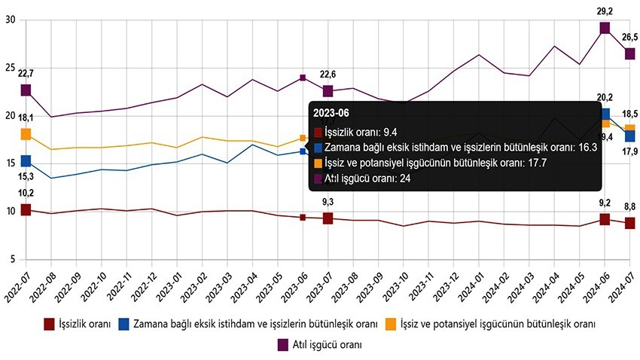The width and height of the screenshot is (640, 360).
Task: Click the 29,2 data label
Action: coord(605,12)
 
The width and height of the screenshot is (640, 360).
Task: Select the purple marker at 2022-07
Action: coord(26,90)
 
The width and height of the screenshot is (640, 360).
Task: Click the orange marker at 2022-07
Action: coord(26,134)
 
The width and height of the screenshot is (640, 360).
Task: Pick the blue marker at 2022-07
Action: coord(26,160)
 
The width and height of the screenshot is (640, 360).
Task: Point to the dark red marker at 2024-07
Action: coord(629,223)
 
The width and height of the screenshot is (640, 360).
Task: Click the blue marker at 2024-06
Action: coord(605,114)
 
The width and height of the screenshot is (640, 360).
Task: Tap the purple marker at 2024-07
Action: coord(629,53)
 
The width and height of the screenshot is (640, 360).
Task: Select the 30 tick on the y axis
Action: coord(10,20)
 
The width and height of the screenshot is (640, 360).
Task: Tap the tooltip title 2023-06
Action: coord(332,112)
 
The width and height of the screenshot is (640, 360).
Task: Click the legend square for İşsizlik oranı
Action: coord(50,325)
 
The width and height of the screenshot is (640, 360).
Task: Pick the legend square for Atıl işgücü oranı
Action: coord(283,345)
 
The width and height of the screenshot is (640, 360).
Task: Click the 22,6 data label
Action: coord(328,74)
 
